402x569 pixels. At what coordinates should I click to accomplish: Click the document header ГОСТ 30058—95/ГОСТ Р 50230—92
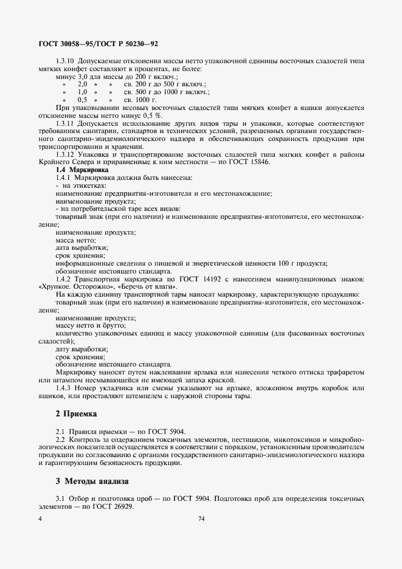[94, 45]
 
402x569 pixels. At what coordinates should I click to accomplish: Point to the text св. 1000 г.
[140, 99]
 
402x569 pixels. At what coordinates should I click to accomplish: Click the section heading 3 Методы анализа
[92, 481]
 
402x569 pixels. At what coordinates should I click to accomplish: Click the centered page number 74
[201, 519]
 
